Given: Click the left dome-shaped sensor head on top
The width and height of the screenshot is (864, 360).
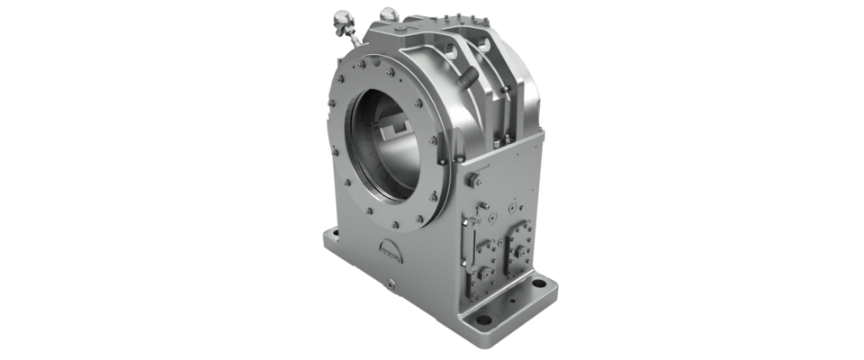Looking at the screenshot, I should (342, 18).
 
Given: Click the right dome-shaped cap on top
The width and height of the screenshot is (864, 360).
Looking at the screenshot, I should (389, 13).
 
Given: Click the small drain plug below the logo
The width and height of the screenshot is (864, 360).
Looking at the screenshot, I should (393, 286).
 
